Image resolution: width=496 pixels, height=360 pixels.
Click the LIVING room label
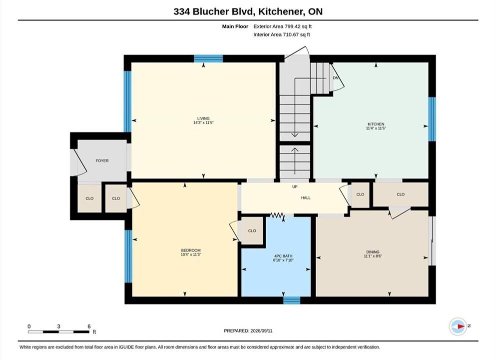point(203,118)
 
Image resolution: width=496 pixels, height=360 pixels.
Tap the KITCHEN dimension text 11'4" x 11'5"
point(376,128)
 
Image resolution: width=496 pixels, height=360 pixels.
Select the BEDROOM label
point(191,250)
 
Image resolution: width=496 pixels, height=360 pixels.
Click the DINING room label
point(373,252)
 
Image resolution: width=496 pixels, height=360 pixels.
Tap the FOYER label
point(102,161)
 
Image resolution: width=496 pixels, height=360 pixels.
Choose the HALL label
point(306,198)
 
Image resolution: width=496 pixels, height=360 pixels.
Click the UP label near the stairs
point(295,187)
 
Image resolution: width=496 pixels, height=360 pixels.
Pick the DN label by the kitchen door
point(336,78)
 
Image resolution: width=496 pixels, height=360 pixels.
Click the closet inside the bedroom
point(252,231)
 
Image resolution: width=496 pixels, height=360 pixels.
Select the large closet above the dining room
point(401,194)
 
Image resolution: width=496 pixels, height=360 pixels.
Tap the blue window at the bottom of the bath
point(291,300)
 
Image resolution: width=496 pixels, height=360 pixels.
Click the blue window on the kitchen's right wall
point(432,118)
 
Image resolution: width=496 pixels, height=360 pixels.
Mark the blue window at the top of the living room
point(208,58)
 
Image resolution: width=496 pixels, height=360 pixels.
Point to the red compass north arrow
point(461,326)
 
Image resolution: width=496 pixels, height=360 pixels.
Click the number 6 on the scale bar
point(89,326)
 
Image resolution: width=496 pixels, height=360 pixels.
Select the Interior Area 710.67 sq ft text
point(282,34)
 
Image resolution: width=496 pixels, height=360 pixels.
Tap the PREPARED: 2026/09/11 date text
point(248,331)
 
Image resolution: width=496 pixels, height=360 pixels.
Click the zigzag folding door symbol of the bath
point(277,215)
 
